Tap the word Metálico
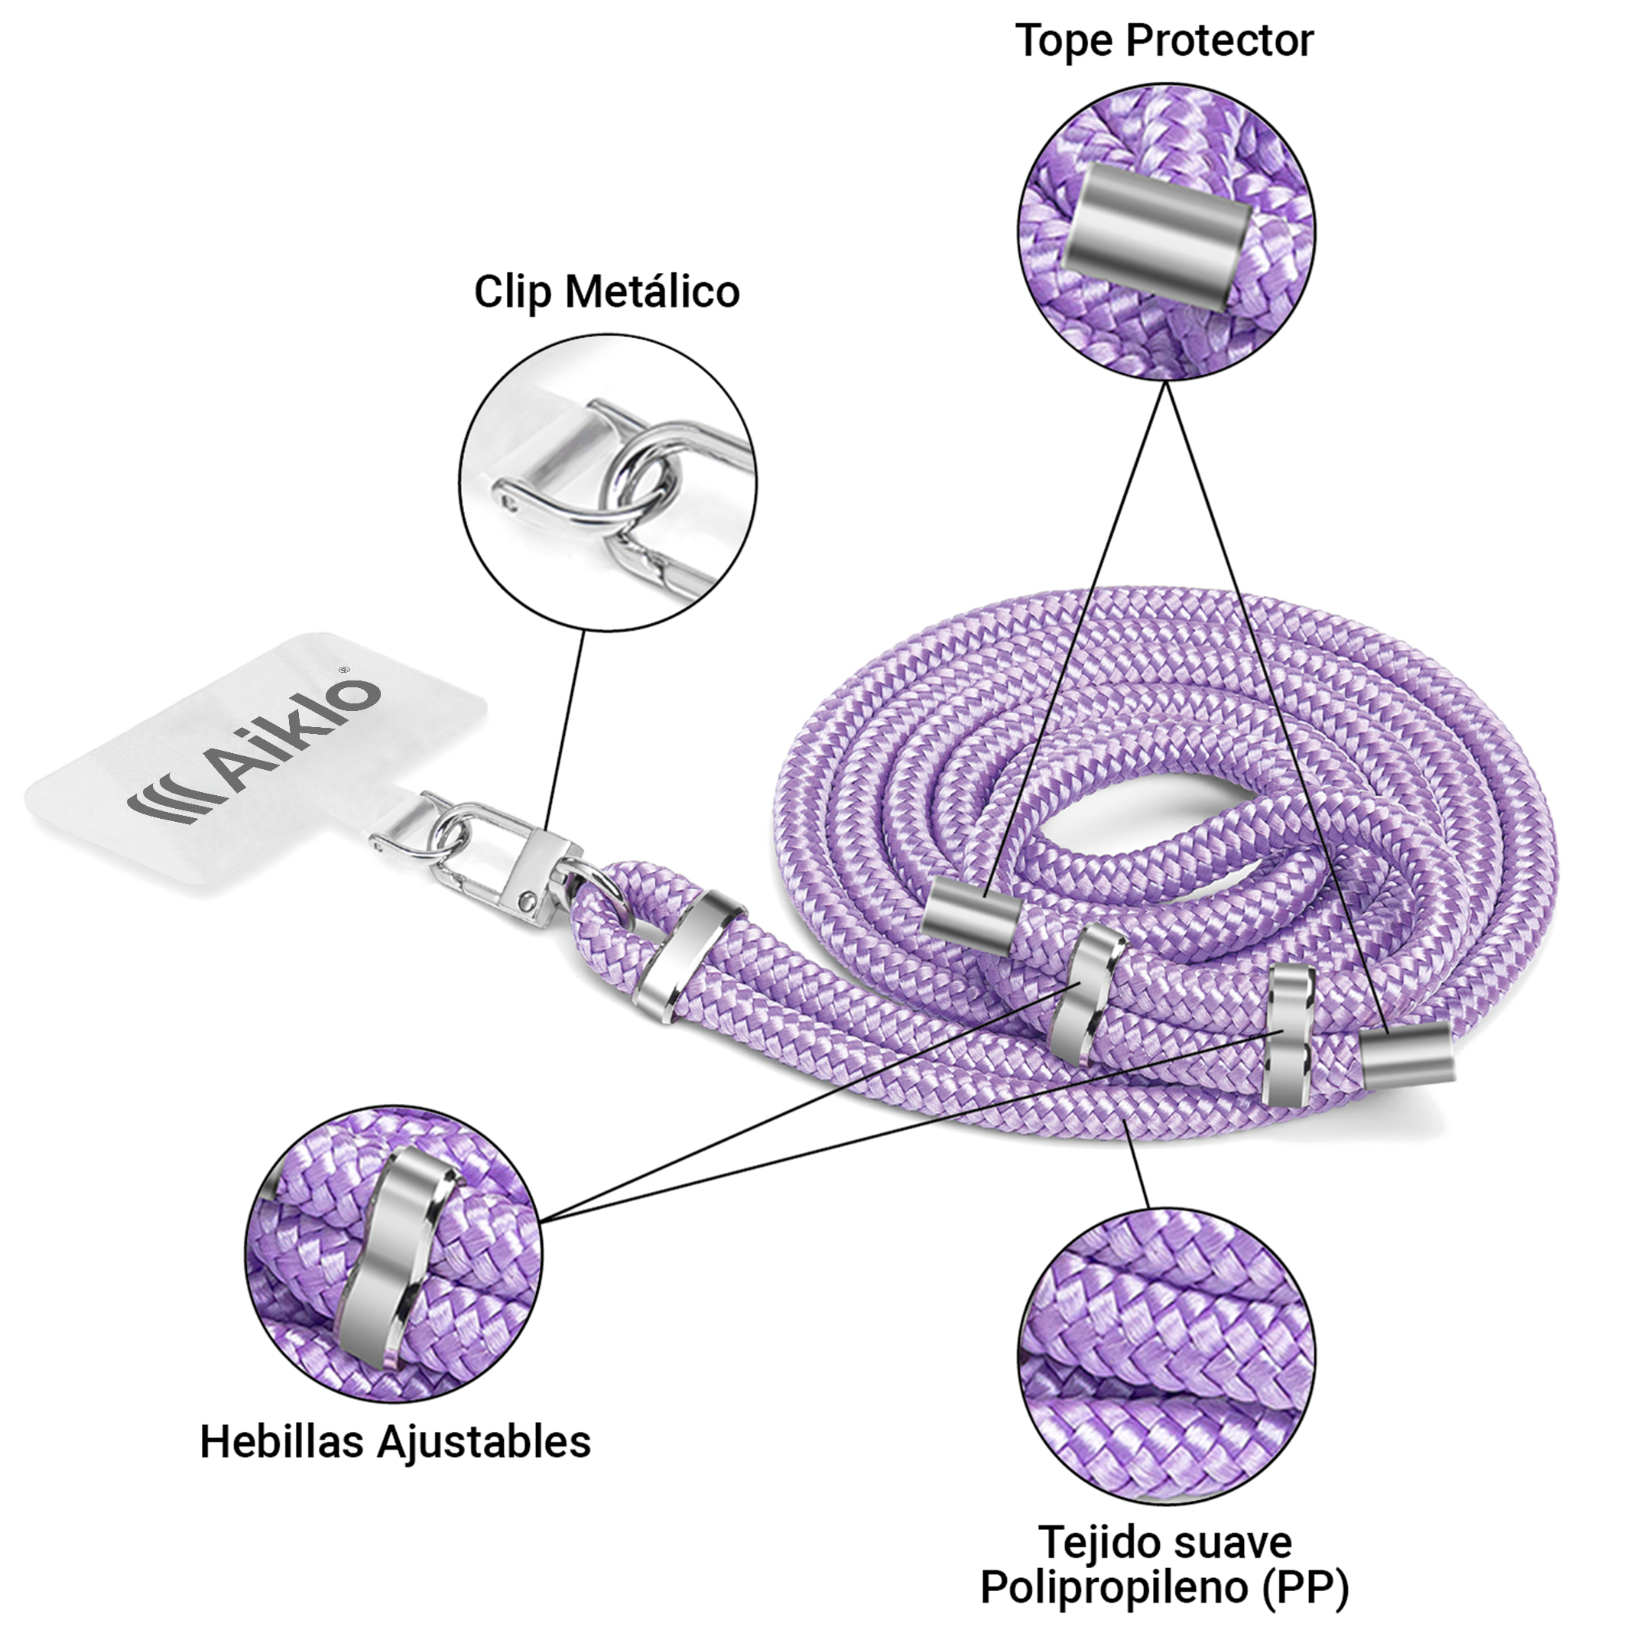click(x=652, y=292)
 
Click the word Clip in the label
click(x=514, y=292)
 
